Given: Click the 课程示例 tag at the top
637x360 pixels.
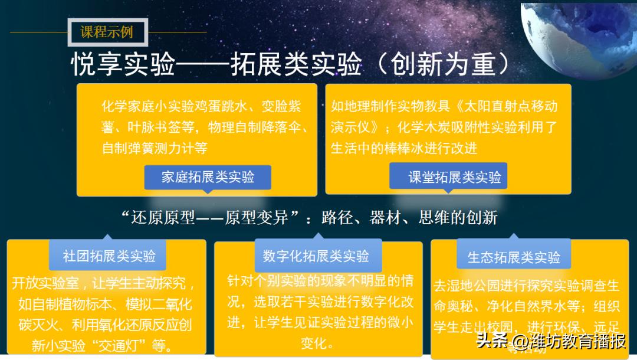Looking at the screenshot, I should point(107,32).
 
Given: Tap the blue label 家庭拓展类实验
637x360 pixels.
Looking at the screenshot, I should point(208,176).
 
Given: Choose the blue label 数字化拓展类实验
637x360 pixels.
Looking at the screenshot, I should point(316,256).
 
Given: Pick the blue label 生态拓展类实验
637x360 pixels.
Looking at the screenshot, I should point(514,257).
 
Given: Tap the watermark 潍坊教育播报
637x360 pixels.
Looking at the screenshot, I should point(569,342).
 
